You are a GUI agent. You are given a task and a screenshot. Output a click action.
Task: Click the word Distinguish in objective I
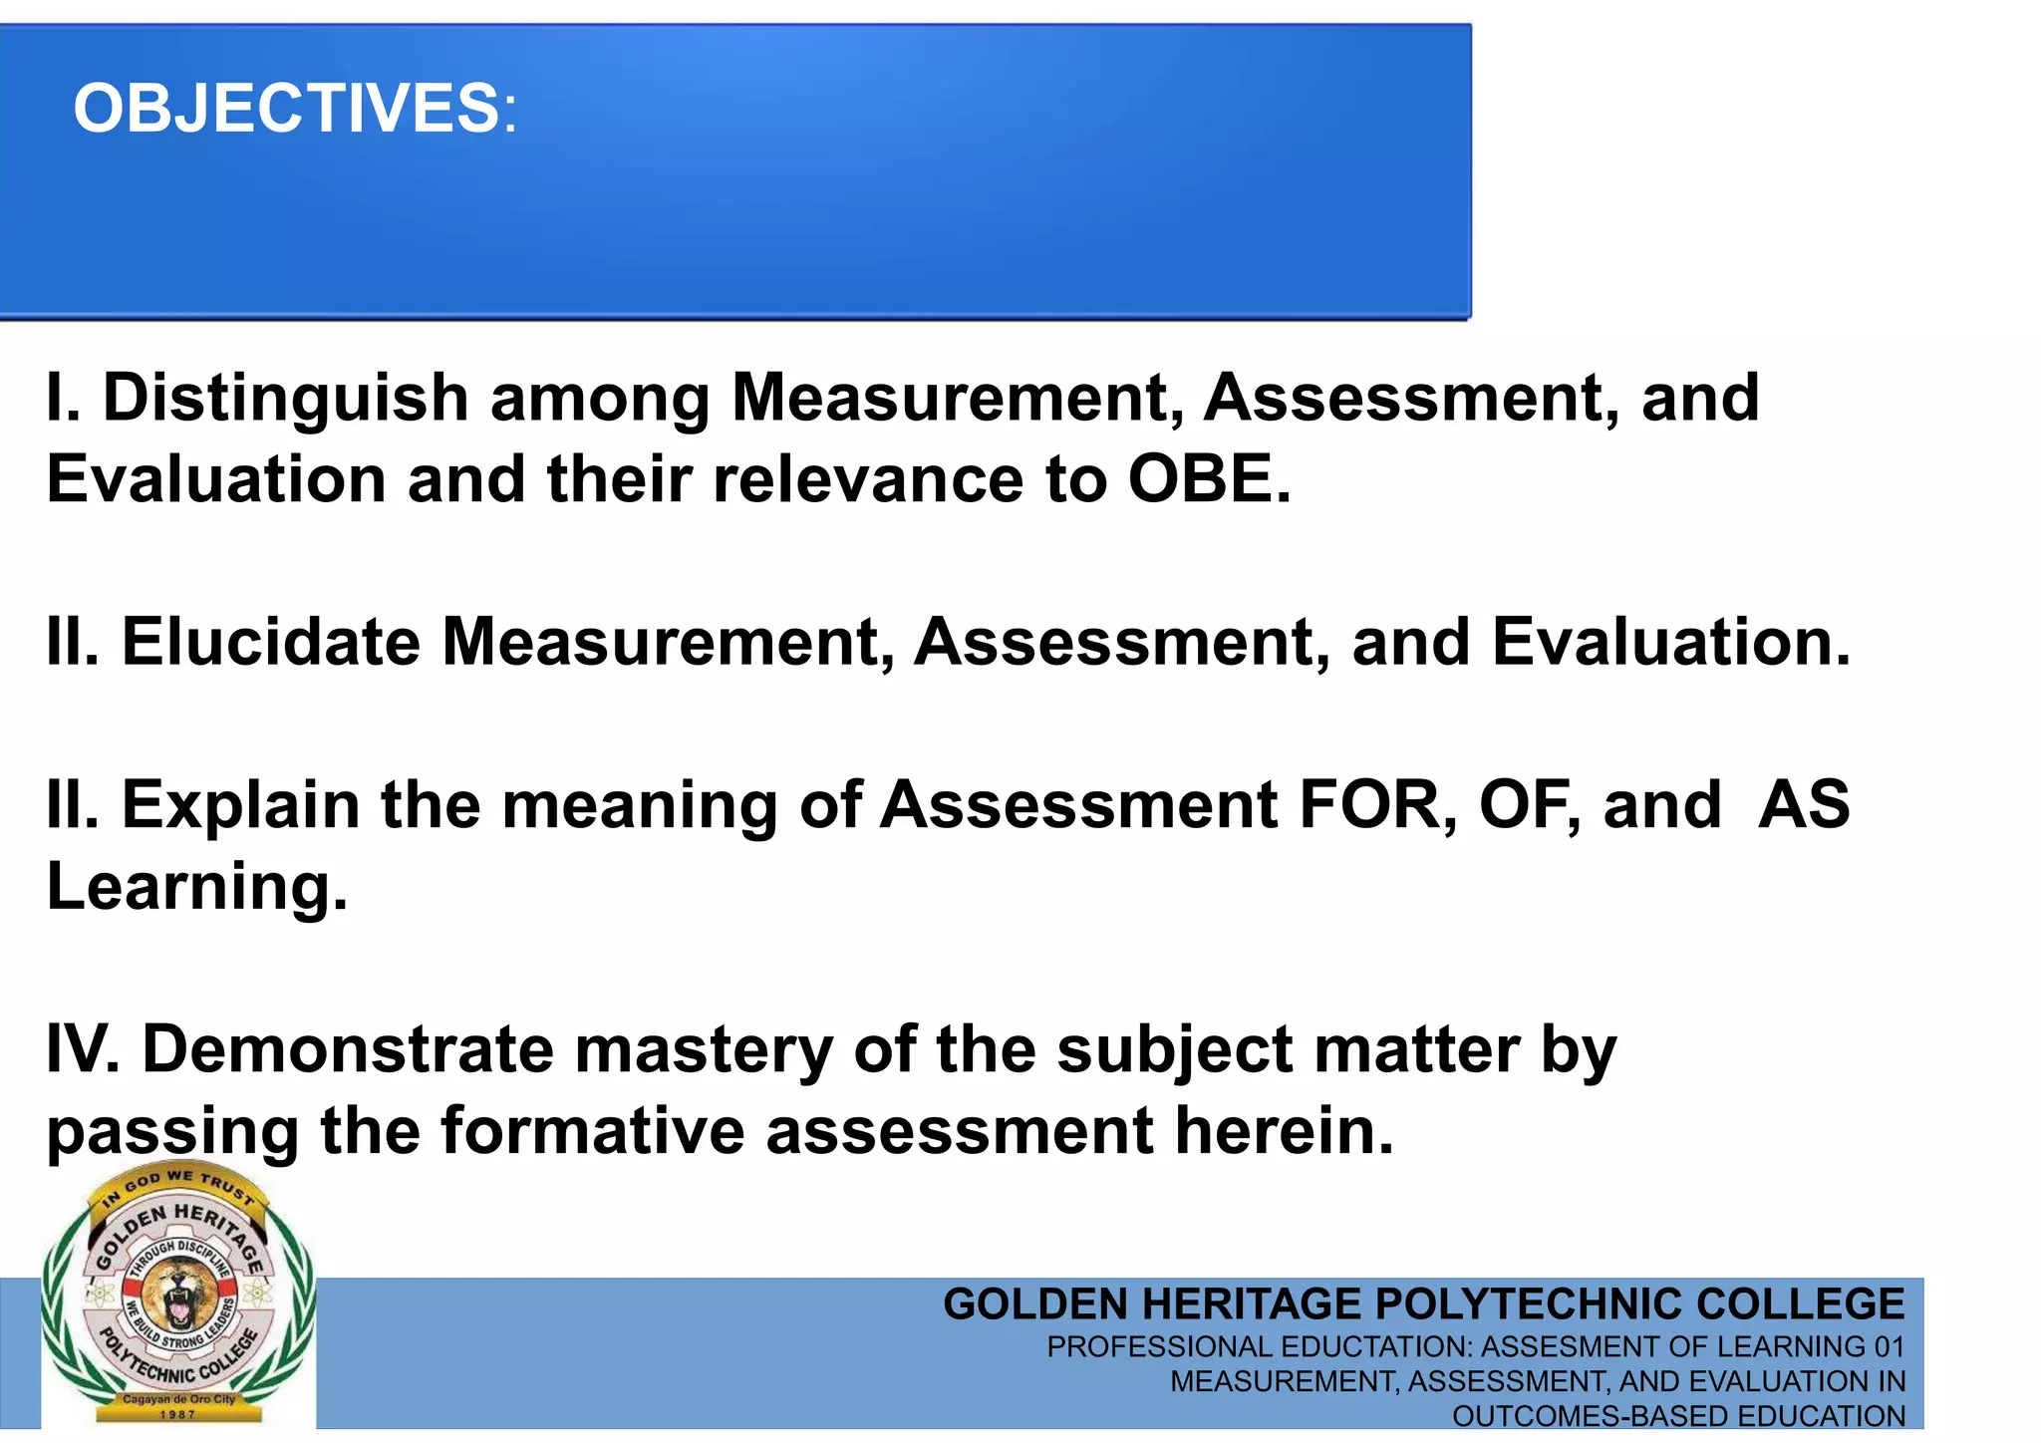click(286, 398)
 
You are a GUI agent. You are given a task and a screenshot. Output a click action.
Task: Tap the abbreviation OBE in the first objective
click(1207, 479)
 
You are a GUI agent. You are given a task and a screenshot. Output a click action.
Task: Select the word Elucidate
click(271, 642)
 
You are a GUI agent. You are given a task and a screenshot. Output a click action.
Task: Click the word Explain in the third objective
click(240, 805)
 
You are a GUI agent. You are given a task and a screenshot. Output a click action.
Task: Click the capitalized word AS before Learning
click(1804, 805)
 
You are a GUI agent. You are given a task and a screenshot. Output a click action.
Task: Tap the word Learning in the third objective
click(196, 887)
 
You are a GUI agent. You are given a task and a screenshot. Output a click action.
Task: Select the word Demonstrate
click(347, 1049)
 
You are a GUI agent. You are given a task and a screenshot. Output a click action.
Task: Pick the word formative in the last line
click(592, 1131)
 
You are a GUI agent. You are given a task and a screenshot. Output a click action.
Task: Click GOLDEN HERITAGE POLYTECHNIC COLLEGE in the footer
click(1423, 1304)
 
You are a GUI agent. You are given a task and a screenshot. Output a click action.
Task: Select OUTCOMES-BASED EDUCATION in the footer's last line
click(1678, 1416)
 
